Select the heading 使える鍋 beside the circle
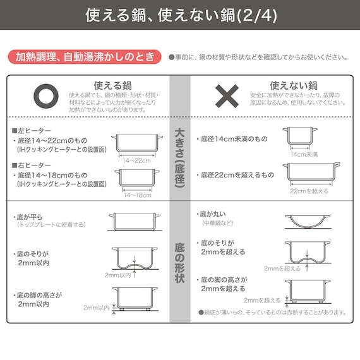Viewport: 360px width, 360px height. (x=112, y=85)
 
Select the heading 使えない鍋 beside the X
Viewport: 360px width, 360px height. (x=293, y=85)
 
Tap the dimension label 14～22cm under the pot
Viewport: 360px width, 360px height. (x=136, y=160)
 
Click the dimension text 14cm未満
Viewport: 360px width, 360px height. (x=303, y=154)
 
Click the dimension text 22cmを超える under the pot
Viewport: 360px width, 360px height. (x=309, y=191)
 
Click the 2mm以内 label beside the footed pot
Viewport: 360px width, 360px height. (x=96, y=308)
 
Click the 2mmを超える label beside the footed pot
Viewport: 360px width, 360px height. (x=261, y=301)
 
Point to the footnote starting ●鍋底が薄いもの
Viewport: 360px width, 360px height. (x=272, y=312)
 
